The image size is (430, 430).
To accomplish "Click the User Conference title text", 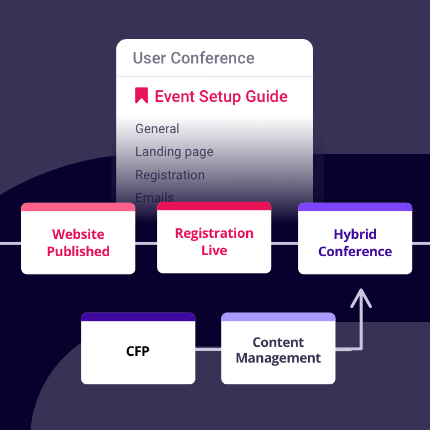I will click(x=193, y=58).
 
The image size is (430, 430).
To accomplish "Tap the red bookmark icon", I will click(x=141, y=95).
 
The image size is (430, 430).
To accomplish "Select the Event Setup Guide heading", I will click(x=221, y=96).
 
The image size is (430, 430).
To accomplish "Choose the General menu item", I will click(x=157, y=129).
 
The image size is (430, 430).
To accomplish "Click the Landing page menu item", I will click(x=174, y=152).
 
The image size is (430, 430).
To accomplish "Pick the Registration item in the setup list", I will click(x=170, y=175).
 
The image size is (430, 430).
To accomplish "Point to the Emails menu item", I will click(x=154, y=197).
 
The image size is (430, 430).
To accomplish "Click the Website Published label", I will click(x=78, y=243).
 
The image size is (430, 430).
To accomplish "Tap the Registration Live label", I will click(x=214, y=242).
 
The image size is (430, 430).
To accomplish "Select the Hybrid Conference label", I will click(x=355, y=243).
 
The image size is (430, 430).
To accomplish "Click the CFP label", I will click(x=138, y=351).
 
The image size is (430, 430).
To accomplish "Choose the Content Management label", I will click(x=278, y=350).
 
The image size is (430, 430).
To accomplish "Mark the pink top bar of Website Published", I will click(x=78, y=207).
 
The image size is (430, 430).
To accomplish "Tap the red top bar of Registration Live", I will click(x=214, y=206).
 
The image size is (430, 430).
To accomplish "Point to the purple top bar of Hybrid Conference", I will click(x=355, y=207).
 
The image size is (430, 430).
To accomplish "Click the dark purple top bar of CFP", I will click(x=138, y=317).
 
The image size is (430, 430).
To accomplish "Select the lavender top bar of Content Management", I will click(x=278, y=317).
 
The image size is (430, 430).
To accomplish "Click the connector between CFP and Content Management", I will click(x=208, y=349).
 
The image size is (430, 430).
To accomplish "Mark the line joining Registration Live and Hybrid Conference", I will click(x=285, y=243).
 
